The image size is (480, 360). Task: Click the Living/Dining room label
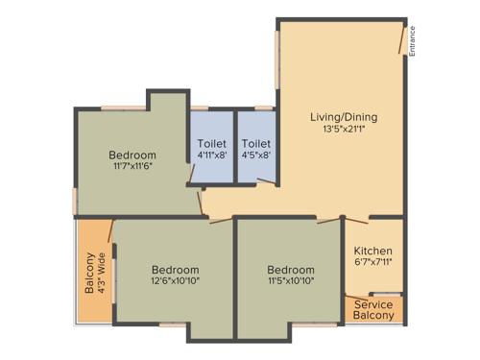[343, 117]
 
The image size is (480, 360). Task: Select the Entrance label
[412, 40]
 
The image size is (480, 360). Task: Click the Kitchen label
[372, 251]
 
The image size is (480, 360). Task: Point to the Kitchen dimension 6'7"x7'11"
[372, 264]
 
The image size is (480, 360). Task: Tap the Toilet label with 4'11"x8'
[211, 144]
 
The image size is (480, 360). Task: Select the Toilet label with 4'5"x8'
[255, 144]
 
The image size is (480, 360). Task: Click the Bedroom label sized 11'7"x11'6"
[132, 155]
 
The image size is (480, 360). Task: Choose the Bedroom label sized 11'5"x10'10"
[291, 270]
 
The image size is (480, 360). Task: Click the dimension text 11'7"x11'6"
[132, 167]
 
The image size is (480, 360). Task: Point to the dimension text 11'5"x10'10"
[291, 283]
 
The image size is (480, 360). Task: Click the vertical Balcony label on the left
[90, 273]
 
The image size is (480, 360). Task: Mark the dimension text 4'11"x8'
[211, 156]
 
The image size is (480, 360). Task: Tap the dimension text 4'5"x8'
[255, 156]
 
